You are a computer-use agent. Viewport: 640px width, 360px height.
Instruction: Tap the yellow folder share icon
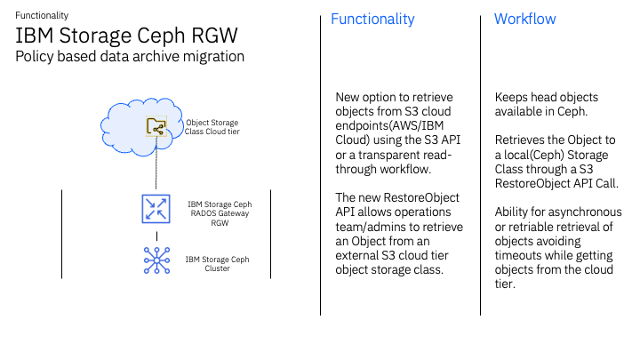coord(156,127)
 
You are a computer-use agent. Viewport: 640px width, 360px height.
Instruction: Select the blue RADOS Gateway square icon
coord(156,209)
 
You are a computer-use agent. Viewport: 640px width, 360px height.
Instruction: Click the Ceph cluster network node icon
coord(156,260)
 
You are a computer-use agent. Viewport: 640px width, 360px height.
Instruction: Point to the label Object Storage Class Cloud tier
coord(212,127)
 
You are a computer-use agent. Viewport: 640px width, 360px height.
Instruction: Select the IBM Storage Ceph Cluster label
coord(217,264)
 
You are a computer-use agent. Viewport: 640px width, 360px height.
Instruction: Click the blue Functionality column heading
coord(372,19)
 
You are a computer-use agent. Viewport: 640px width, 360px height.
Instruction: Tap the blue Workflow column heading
coord(524,19)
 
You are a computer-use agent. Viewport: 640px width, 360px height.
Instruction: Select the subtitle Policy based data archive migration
coord(130,56)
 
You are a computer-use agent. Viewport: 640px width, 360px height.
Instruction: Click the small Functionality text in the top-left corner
coord(42,15)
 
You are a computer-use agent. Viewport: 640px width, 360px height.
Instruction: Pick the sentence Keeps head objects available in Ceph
coord(547,104)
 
